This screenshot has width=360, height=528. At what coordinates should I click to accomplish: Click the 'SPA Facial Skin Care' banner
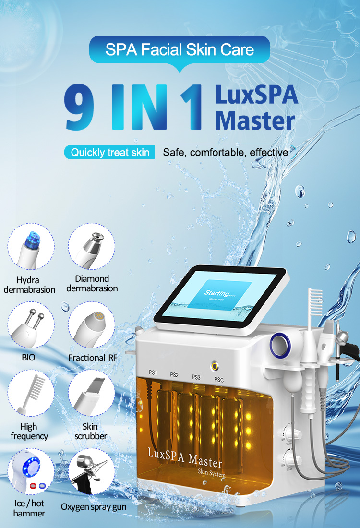180,49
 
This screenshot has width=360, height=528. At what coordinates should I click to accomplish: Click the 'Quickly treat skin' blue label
110,153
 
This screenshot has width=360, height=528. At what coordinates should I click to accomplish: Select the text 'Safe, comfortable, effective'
226,153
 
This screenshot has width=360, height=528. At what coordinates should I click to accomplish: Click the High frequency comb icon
31,396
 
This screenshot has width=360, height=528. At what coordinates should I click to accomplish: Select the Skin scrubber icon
91,396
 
